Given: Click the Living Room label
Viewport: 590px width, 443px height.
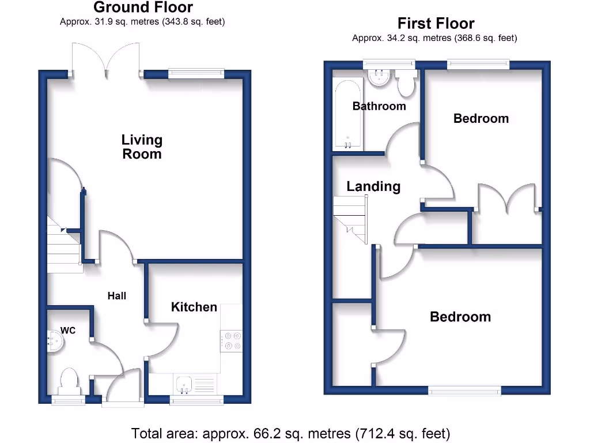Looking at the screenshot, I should click(142, 147).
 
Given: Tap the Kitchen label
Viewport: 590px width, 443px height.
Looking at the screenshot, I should click(194, 307).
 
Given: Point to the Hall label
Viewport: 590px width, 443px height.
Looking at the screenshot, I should click(117, 295).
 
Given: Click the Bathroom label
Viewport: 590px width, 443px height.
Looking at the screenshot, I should click(379, 106).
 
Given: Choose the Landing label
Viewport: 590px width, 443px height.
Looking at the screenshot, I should click(373, 186).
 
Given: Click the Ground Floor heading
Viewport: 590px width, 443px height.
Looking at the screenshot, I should click(143, 7).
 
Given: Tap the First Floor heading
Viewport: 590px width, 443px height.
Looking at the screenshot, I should click(436, 24).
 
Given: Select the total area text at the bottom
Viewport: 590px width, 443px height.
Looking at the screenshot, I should click(290, 433).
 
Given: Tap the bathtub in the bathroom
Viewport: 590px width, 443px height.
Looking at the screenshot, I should click(348, 114).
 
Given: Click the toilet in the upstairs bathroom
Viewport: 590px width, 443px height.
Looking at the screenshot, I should click(406, 84).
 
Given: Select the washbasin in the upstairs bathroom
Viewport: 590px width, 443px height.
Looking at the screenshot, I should click(380, 78).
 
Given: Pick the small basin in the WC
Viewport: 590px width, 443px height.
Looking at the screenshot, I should click(55, 340).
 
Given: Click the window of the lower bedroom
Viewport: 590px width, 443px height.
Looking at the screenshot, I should click(464, 391).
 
